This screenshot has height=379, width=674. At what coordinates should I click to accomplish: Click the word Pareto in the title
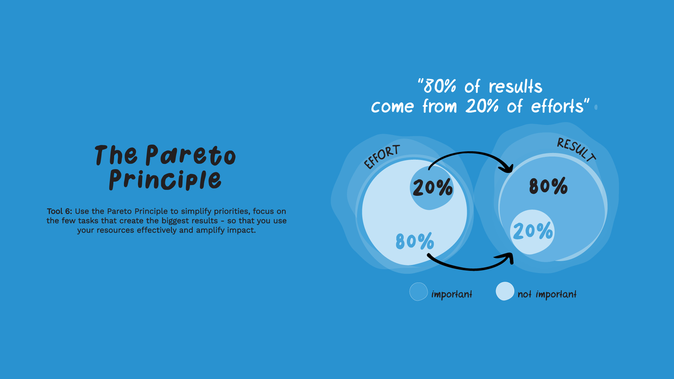[190, 155]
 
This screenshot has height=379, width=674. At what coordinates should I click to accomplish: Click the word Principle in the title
[165, 180]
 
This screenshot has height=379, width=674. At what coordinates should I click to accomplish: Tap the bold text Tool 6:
[59, 211]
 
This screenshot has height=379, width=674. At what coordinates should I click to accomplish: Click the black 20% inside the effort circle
[433, 187]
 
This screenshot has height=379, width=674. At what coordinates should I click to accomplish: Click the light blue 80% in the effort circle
[415, 241]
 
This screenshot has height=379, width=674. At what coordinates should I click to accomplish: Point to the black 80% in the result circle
[548, 186]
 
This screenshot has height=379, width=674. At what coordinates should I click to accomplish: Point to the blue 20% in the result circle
[533, 231]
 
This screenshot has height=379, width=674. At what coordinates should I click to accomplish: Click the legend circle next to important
[419, 291]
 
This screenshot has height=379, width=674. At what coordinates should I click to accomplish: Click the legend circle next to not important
[505, 291]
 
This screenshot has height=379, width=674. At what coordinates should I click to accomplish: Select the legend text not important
[547, 294]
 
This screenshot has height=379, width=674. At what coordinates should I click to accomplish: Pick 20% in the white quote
[482, 106]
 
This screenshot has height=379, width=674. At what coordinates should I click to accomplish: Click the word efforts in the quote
[557, 106]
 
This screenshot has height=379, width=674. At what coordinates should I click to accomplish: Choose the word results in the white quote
[516, 86]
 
